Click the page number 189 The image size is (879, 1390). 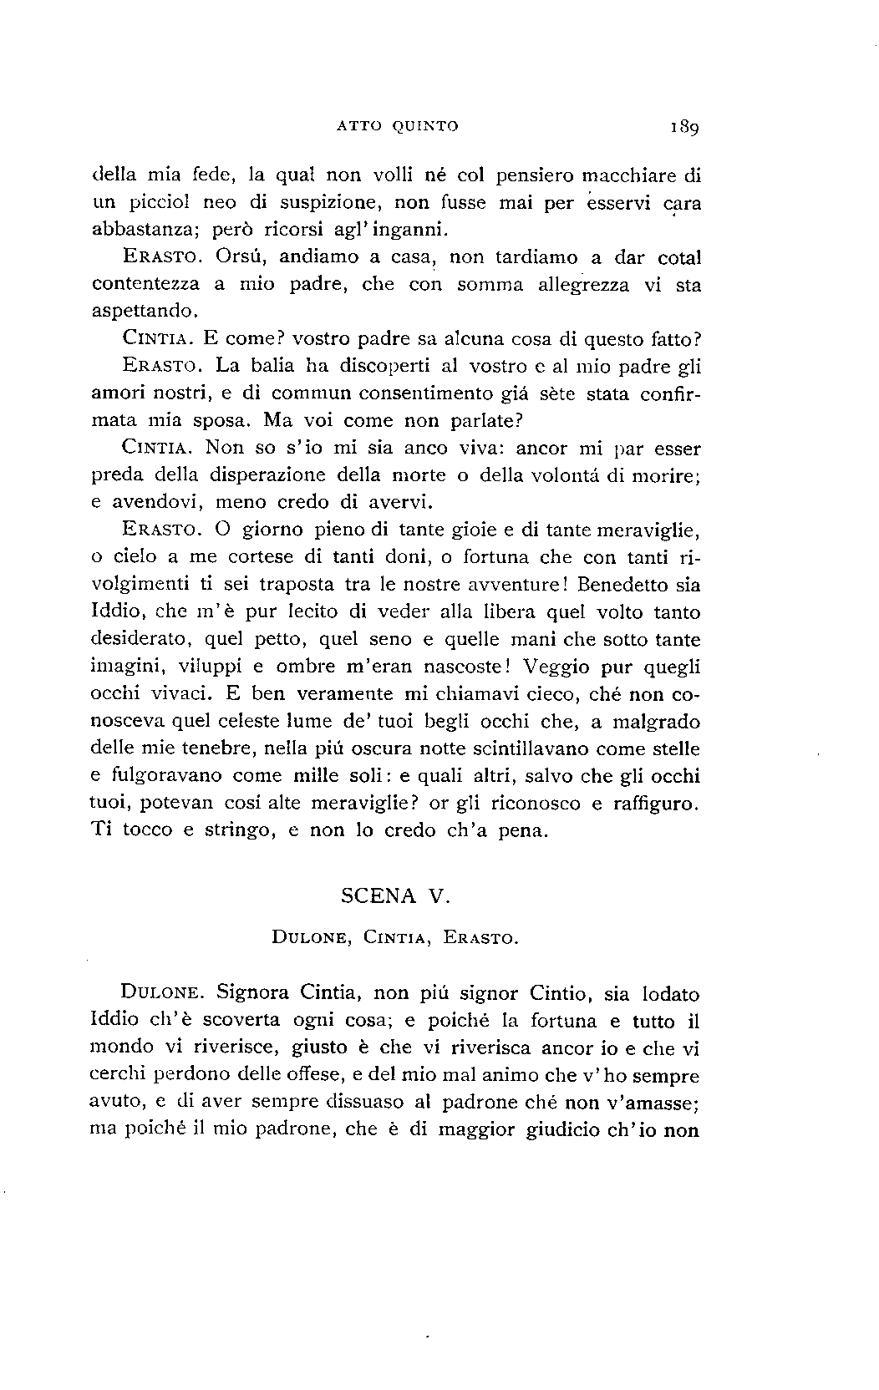[683, 128]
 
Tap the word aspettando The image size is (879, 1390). [144, 312]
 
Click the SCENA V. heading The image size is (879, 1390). [395, 896]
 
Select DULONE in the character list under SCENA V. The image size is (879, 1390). [311, 938]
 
